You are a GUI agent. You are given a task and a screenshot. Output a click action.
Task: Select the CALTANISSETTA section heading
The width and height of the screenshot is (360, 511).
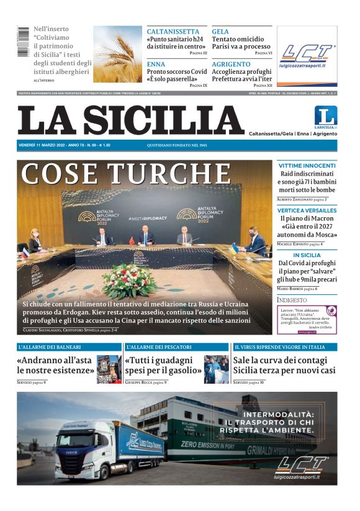pyautogui.click(x=173, y=31)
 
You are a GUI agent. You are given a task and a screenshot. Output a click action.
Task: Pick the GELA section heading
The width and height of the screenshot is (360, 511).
pyautogui.click(x=220, y=31)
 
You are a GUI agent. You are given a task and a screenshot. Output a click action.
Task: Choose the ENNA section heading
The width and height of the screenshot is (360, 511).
pyautogui.click(x=156, y=64)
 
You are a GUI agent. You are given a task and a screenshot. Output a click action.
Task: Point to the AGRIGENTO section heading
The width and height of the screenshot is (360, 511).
pyautogui.click(x=231, y=64)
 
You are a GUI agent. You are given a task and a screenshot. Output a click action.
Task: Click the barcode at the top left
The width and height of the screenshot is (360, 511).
pyautogui.click(x=23, y=42)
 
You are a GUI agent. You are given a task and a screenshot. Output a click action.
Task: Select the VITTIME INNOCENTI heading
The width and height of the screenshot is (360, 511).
pyautogui.click(x=307, y=166)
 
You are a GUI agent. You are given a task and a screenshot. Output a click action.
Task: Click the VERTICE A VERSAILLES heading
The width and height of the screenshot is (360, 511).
pyautogui.click(x=307, y=210)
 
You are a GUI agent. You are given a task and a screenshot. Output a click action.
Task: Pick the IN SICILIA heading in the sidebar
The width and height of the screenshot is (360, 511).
pyautogui.click(x=307, y=255)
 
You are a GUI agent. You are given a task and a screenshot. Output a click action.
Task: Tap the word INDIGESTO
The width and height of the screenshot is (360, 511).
pyautogui.click(x=292, y=300)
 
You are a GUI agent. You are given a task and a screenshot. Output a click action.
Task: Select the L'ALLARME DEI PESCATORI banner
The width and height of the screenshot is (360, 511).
pyautogui.click(x=159, y=347)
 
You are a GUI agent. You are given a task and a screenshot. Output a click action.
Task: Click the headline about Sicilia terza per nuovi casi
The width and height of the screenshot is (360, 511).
pyautogui.click(x=284, y=365)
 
